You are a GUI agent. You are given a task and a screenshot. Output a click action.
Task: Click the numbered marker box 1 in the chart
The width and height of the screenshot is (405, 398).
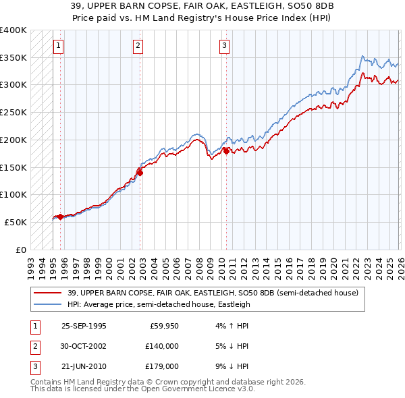click(x=58, y=46)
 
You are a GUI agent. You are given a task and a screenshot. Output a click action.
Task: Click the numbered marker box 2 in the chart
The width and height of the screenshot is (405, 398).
click(x=138, y=46)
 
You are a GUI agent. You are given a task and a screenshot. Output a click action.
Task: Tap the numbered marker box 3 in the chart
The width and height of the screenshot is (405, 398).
click(x=223, y=46)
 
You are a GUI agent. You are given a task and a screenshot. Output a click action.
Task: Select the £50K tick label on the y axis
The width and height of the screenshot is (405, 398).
click(x=16, y=222)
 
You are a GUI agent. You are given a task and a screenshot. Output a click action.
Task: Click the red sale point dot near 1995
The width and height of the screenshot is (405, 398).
click(x=60, y=217)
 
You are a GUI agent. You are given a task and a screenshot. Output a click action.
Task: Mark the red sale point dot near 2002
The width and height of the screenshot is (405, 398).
click(x=140, y=173)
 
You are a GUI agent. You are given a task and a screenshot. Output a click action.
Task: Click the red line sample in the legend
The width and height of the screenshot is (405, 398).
click(x=48, y=293)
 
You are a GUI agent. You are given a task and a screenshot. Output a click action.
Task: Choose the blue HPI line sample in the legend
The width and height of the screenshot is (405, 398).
click(x=48, y=304)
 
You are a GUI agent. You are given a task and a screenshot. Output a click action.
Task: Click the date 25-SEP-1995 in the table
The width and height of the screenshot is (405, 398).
click(x=84, y=325)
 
